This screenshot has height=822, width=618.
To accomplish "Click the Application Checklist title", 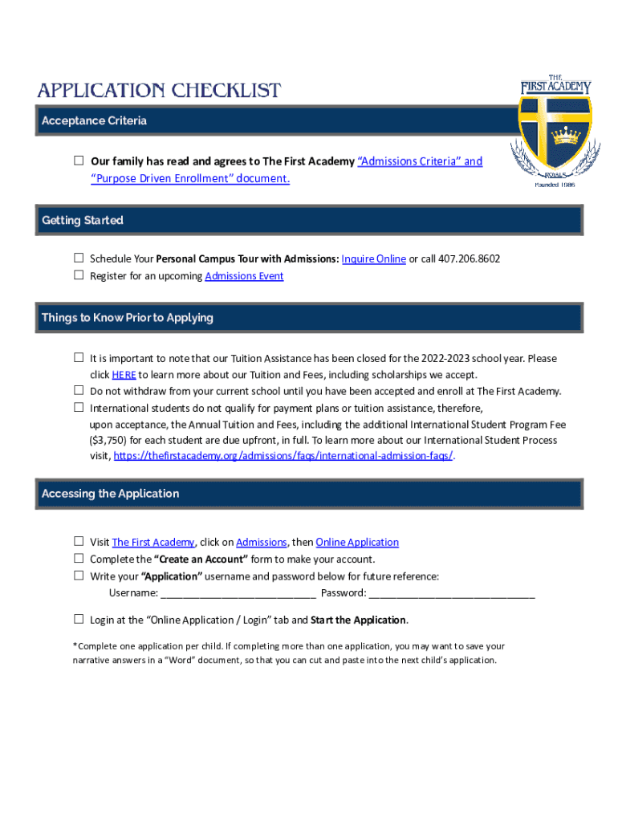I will tap(158, 90).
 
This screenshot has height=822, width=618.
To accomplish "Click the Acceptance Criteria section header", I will tap(94, 121).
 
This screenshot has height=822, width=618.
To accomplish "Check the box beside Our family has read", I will tap(79, 161).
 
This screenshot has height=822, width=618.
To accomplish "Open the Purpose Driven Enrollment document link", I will tap(189, 178).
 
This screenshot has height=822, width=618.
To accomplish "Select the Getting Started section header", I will tap(83, 220).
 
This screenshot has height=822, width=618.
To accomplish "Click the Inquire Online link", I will tap(373, 258).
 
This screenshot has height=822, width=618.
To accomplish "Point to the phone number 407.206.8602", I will tap(470, 258).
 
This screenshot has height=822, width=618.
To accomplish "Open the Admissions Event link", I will tap(244, 276).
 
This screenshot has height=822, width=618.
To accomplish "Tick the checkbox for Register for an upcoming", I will tap(79, 275).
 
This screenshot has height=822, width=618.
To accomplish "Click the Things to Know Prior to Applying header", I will tap(128, 318).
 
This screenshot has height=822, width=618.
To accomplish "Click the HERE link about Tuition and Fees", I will tap(124, 375).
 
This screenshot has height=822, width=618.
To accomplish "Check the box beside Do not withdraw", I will tap(79, 390).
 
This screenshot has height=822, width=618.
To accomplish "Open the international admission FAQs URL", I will tap(283, 455).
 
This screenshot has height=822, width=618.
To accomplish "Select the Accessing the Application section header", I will tap(111, 494).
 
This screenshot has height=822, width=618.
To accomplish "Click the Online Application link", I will tap(357, 543).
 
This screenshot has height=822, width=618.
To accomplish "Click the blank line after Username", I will tap(238, 593).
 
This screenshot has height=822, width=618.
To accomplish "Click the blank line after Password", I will tap(452, 593).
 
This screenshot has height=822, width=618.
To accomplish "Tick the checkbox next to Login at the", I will tap(79, 619).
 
